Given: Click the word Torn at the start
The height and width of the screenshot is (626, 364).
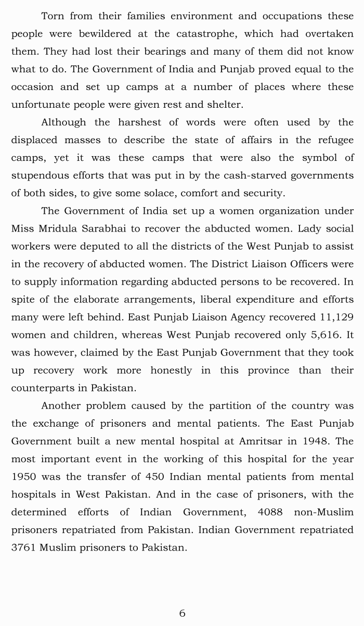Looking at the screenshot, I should coord(52,16).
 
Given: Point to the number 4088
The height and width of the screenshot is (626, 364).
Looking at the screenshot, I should coord(270,512).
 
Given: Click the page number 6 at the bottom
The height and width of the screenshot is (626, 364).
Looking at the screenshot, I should coord(182,613).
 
